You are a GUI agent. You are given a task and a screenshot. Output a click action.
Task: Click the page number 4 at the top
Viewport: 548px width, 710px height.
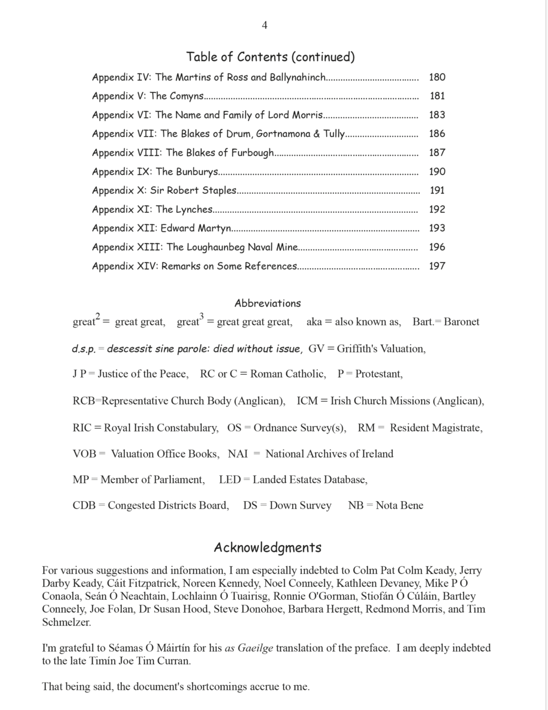point(264,25)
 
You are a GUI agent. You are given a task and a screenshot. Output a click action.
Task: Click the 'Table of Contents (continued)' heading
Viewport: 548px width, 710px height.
point(270,56)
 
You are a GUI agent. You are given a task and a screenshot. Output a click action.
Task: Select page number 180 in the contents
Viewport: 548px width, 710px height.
point(437,77)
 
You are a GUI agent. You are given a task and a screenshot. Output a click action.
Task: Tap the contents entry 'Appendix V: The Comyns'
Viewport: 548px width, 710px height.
point(148,96)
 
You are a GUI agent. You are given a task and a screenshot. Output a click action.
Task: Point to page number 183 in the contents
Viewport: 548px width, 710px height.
point(437,115)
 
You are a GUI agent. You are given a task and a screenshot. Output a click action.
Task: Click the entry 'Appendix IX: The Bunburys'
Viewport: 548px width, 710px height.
point(155,172)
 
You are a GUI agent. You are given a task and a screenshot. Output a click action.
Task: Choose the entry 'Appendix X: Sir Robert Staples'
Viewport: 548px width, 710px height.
point(164,190)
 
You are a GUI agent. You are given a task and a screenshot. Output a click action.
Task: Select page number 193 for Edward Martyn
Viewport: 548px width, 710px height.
point(437,228)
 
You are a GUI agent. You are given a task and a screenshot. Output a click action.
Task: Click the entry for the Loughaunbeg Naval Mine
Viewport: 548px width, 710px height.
point(195,247)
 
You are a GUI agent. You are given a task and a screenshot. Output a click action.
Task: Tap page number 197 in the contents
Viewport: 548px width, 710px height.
point(437,266)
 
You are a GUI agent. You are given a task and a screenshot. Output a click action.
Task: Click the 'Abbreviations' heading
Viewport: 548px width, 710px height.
point(267,303)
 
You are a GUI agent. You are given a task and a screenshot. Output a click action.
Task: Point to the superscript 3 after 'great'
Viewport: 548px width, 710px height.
point(201,316)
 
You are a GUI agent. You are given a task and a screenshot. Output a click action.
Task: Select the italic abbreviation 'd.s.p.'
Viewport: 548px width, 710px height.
point(84,349)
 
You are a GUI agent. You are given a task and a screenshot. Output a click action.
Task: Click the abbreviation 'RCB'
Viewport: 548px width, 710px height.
point(84,401)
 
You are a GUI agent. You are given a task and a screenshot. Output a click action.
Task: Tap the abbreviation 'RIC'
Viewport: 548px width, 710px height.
point(82,428)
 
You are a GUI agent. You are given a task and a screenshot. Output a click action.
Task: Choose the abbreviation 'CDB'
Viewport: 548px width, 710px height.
point(84,505)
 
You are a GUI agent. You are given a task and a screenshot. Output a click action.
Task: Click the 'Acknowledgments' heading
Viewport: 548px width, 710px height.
point(267,547)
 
